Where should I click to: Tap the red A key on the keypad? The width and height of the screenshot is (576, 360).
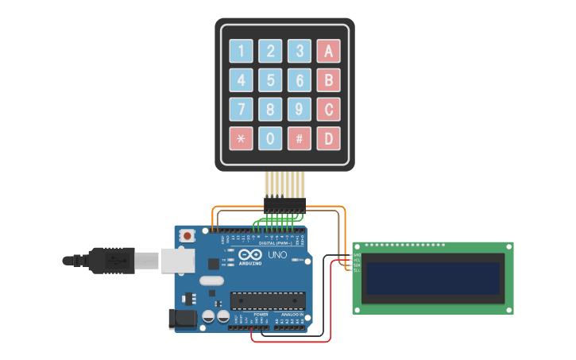[328, 51]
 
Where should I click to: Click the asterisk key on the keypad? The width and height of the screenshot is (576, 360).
[242, 138]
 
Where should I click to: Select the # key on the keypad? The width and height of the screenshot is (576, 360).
[300, 138]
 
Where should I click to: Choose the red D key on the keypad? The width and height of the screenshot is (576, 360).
[328, 138]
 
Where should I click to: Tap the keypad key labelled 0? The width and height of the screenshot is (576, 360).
[270, 138]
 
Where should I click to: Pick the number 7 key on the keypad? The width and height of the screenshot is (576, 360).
[242, 109]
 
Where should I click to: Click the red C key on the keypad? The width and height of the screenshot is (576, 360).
[328, 109]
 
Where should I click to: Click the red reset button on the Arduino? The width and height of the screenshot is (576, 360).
[187, 235]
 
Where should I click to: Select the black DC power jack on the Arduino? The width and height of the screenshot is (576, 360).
[182, 319]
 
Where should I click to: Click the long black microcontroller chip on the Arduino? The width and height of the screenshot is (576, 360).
[268, 300]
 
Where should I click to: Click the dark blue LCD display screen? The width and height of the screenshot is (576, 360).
[433, 278]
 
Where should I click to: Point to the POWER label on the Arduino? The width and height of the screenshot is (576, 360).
[261, 315]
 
